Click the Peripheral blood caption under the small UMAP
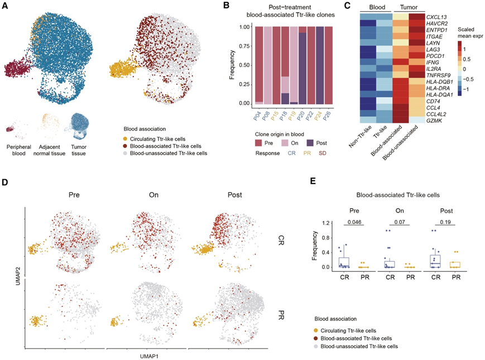click(18, 148)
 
